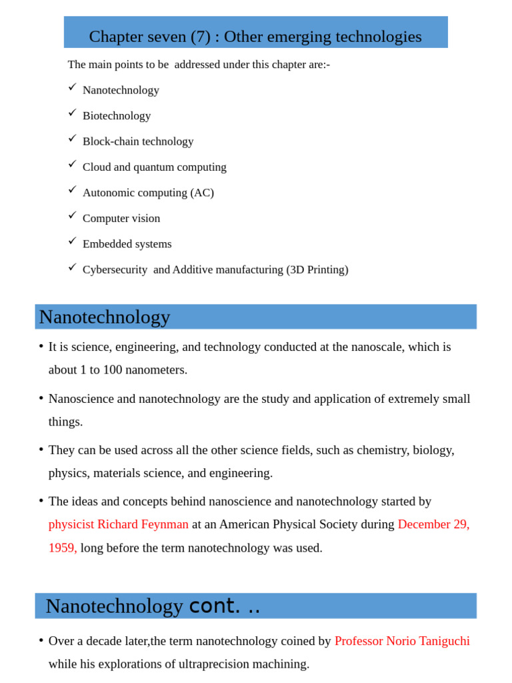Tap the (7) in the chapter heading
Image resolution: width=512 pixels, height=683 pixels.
[201, 37]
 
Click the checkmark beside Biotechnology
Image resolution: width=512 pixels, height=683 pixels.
[73, 113]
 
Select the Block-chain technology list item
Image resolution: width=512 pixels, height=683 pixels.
[138, 141]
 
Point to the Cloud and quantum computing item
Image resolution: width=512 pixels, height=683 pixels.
[154, 167]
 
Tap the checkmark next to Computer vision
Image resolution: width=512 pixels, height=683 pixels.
[73, 215]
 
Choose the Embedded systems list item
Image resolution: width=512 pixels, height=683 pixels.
[127, 244]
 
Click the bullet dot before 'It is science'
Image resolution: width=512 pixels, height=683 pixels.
[41, 346]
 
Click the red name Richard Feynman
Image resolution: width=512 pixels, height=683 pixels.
[143, 524]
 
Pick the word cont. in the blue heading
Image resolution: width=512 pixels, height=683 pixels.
[214, 606]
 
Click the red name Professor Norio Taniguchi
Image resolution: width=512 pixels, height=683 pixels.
[402, 641]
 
